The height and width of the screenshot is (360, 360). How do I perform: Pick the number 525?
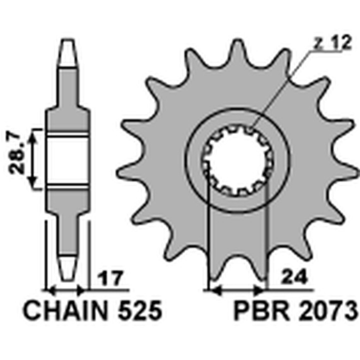pyautogui.click(x=139, y=311)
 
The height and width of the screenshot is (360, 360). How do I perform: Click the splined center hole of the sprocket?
pyautogui.click(x=236, y=160)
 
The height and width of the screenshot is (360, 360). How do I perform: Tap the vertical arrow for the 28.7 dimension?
pyautogui.click(x=33, y=159)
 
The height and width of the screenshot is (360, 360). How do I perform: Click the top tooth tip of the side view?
pyautogui.click(x=69, y=47)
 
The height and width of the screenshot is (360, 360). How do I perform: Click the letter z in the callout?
pyautogui.click(x=316, y=44)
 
